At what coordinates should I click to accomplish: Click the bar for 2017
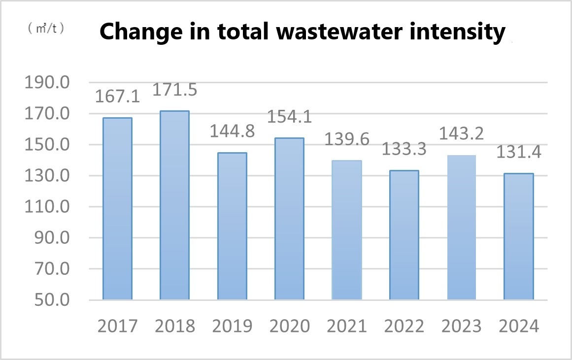pos(117,208)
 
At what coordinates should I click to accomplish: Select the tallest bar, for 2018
pos(174,205)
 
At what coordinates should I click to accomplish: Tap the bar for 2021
pos(347,229)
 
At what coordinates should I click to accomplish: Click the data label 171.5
pos(175,90)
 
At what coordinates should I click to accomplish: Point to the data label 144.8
pos(232,132)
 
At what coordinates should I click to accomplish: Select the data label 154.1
pos(289,117)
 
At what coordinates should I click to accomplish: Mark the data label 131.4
pos(518,153)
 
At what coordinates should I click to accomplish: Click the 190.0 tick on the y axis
pos(47,83)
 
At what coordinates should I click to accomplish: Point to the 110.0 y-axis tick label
pos(47,207)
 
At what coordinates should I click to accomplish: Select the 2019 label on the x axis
pos(232,326)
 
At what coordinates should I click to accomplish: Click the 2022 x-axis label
pos(404,326)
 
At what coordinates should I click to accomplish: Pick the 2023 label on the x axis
pos(461,326)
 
